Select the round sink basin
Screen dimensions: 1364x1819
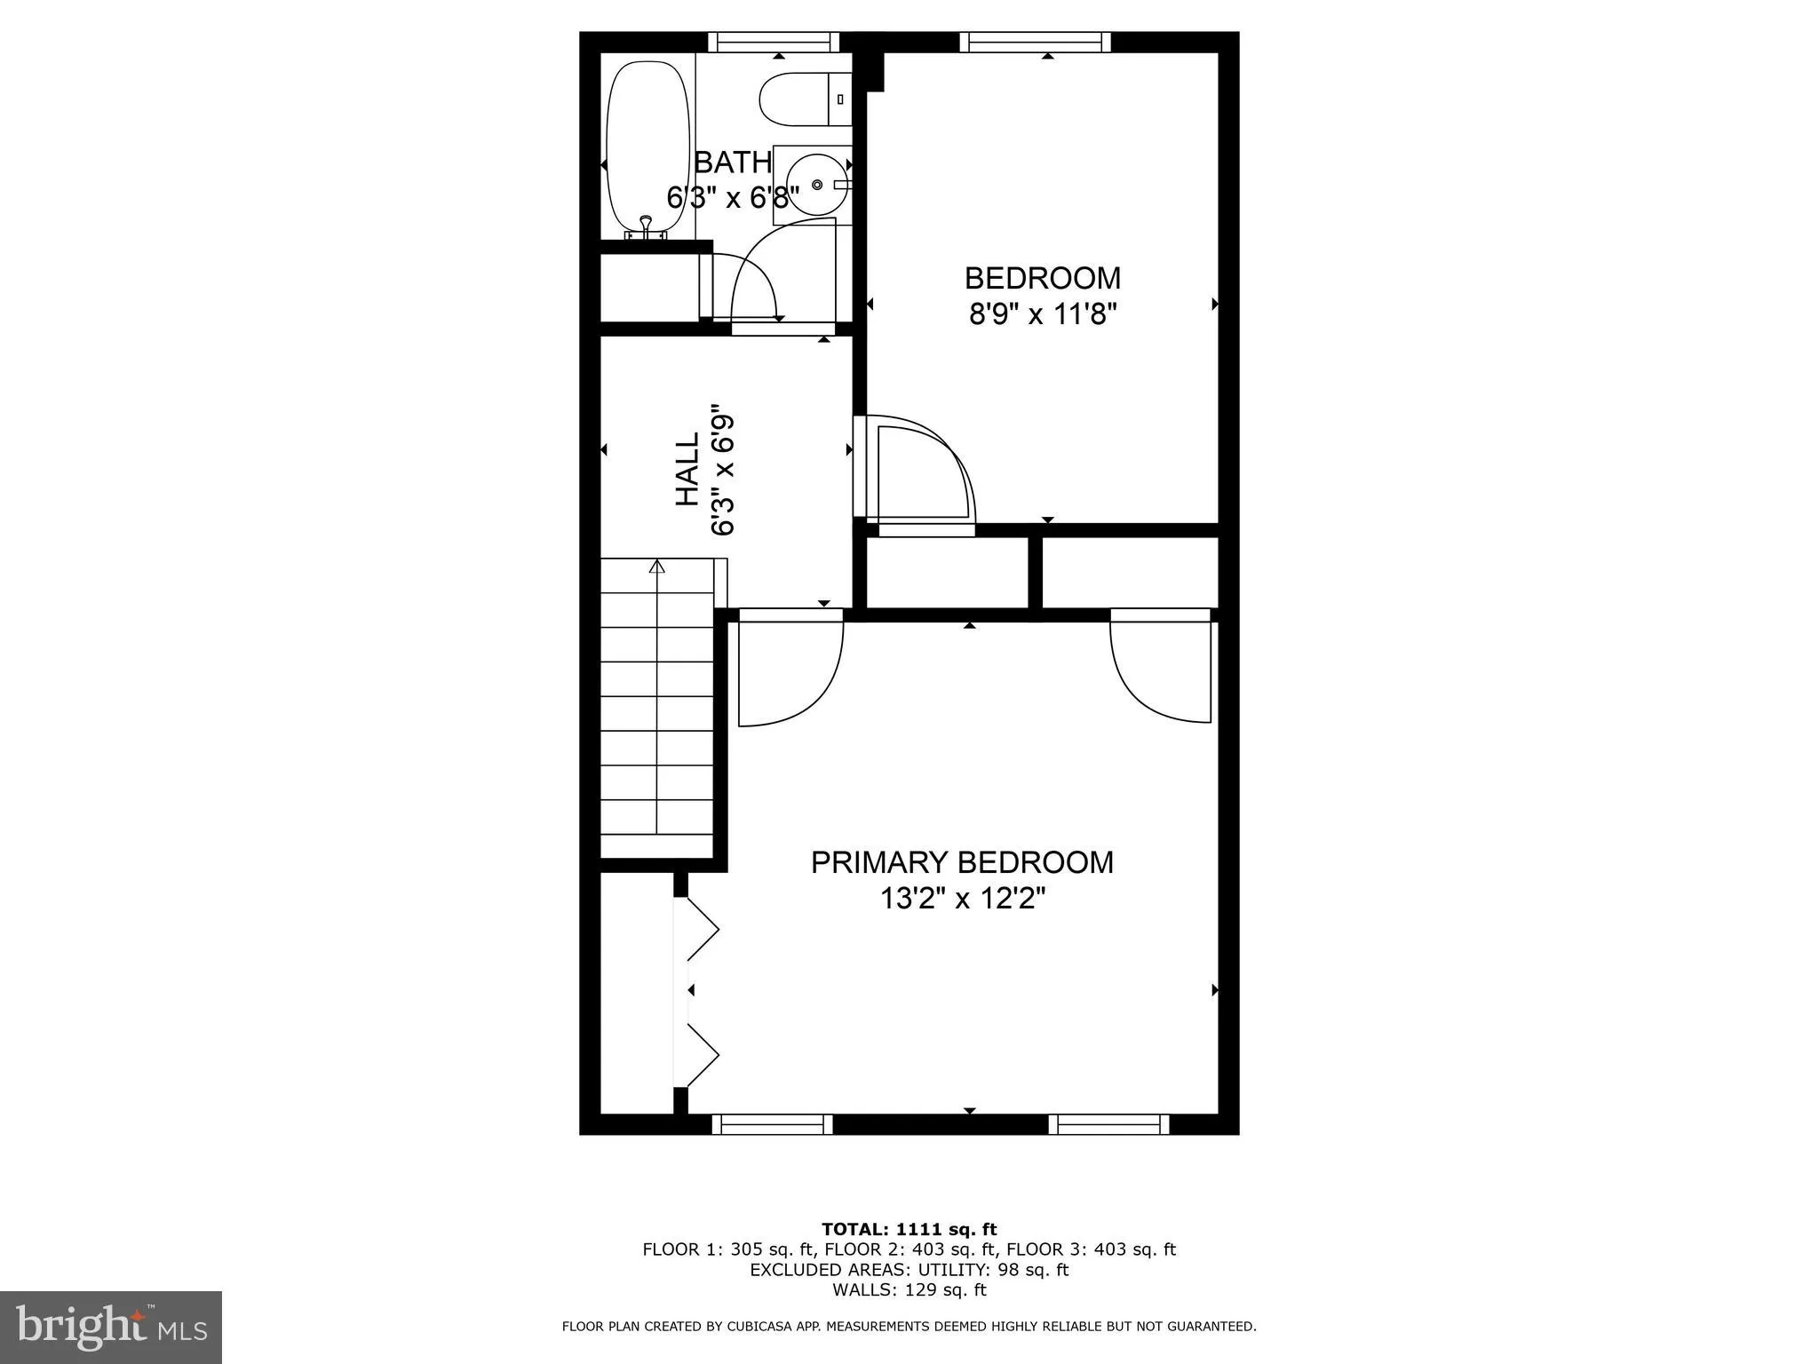click(816, 184)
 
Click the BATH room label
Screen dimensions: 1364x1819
click(733, 163)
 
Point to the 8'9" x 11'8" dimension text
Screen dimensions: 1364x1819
click(1042, 314)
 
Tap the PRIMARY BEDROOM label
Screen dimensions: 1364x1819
click(962, 862)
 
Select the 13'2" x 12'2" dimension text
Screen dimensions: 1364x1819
click(962, 900)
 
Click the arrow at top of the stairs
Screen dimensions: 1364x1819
click(657, 567)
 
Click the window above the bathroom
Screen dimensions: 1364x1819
click(774, 42)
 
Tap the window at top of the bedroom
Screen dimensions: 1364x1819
click(1036, 42)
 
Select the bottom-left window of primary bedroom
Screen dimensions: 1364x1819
click(773, 1124)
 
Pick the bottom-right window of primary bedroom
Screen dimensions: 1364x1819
click(1108, 1124)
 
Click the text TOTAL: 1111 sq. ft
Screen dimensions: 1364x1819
click(909, 1229)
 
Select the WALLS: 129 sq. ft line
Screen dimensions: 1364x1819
click(909, 1290)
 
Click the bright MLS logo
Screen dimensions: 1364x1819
click(111, 1327)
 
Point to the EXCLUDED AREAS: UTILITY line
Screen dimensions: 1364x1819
click(909, 1270)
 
